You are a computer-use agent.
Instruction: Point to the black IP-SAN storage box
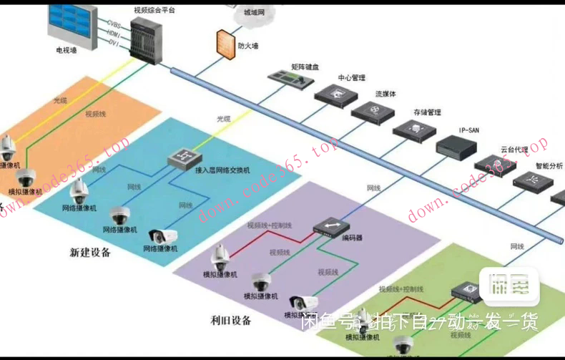click(457, 145)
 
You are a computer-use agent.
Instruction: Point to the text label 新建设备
click(90, 252)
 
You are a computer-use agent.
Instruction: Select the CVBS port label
click(113, 24)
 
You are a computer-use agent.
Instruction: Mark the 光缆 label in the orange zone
click(60, 101)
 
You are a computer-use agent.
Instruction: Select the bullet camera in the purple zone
click(301, 303)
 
